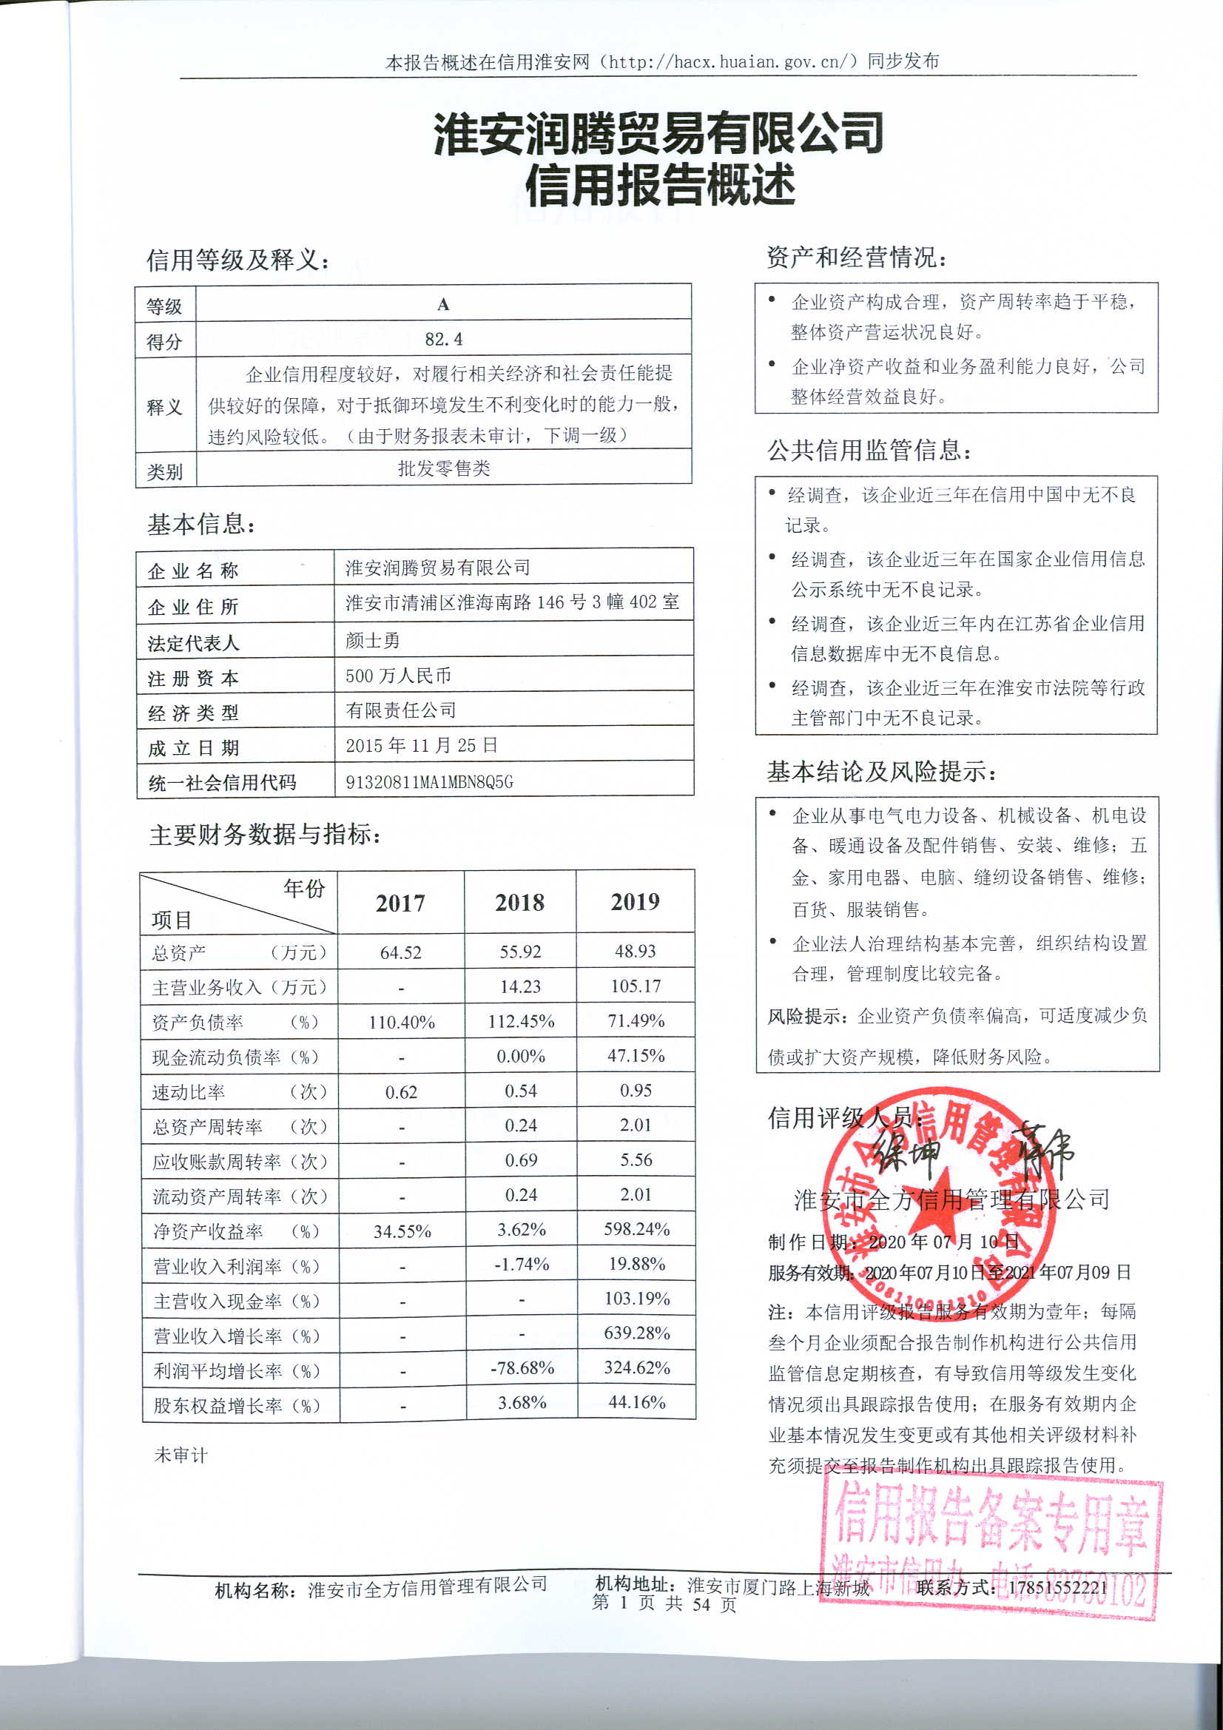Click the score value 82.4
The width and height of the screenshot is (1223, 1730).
(443, 339)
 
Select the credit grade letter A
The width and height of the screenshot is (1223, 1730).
(443, 304)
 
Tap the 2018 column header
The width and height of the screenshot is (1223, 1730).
(520, 902)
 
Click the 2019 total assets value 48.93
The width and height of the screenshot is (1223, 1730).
(636, 951)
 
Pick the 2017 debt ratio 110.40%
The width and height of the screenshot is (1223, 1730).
(402, 1023)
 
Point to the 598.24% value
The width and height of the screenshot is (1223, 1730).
(637, 1229)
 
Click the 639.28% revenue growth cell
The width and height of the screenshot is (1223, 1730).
(637, 1333)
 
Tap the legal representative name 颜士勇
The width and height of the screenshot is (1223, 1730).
(372, 641)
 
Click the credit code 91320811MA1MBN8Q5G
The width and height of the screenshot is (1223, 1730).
(429, 782)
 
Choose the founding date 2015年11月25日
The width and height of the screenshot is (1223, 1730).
(421, 745)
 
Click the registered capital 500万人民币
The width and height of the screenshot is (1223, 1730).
(398, 675)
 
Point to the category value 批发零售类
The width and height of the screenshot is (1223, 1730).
(444, 468)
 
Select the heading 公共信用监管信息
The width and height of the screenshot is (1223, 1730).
(869, 451)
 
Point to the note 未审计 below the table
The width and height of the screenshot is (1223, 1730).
(180, 1455)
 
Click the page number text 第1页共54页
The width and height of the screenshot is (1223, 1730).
(664, 1603)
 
